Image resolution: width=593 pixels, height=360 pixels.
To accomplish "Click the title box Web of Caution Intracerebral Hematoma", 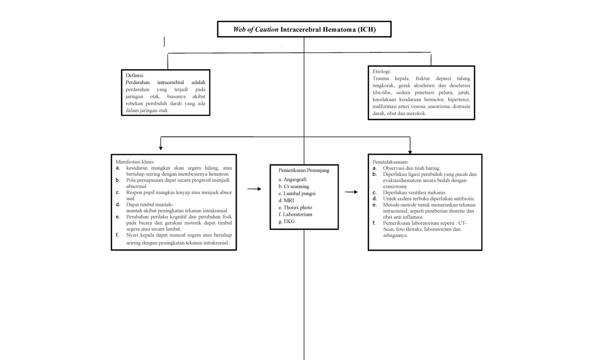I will [x=304, y=29].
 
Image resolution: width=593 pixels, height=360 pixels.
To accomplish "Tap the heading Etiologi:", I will [x=382, y=72].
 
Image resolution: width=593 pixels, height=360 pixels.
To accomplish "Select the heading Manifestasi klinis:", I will [x=135, y=161].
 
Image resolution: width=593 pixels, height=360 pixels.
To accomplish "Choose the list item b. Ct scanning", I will [x=294, y=187].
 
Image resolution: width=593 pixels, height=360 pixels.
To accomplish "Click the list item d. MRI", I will [x=286, y=200].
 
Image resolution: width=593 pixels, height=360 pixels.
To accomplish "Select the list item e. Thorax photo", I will [x=295, y=207].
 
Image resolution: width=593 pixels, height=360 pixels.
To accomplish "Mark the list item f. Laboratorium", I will [x=295, y=214].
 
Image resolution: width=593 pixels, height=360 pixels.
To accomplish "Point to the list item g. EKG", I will [x=286, y=222].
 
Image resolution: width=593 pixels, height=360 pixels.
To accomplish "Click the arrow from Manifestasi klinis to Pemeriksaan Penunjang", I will [x=254, y=189].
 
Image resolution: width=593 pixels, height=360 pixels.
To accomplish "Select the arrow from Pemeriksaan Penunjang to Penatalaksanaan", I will [x=352, y=192].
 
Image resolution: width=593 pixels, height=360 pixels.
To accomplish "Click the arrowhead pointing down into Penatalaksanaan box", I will [x=410, y=151].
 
